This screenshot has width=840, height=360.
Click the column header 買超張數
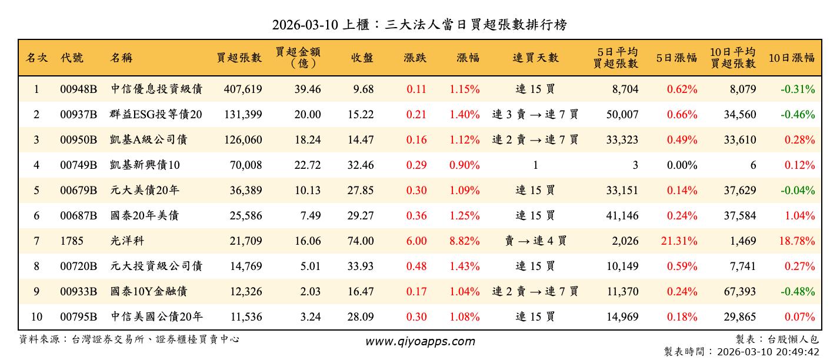[239, 58]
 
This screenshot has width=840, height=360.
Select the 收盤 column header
[362, 58]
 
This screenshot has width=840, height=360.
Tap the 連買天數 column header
[535, 58]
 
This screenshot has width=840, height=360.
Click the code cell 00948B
[78, 89]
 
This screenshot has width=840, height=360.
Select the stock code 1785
[72, 241]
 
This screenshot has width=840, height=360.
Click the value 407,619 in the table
[243, 89]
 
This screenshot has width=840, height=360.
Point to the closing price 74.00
[361, 241]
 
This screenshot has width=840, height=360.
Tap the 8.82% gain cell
[464, 241]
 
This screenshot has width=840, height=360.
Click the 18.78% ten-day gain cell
[799, 241]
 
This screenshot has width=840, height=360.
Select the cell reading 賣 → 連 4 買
[535, 241]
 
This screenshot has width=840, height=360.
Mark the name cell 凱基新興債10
[145, 165]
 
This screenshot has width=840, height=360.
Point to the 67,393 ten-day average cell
[739, 291]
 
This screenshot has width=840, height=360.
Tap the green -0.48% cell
[798, 291]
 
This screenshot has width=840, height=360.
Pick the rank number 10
[36, 316]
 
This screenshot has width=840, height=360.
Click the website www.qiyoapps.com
[420, 341]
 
